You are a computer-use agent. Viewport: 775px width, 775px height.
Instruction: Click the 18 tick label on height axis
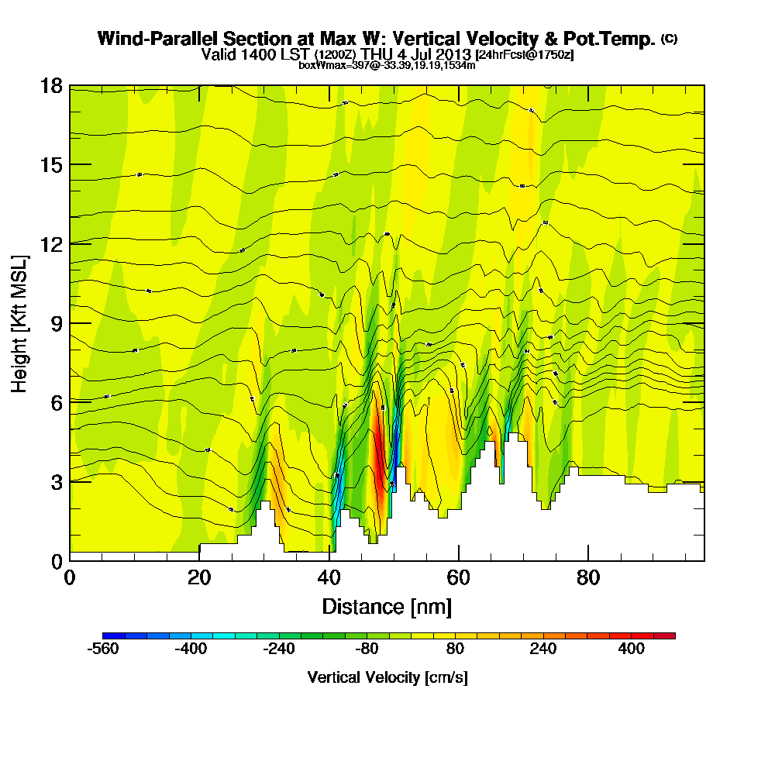50,85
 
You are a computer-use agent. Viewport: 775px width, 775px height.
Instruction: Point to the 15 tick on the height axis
50,164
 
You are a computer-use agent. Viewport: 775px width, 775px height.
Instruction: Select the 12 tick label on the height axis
50,243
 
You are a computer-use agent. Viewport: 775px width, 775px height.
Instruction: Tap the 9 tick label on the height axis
55,323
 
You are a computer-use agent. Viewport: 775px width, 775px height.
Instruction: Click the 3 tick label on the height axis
55,481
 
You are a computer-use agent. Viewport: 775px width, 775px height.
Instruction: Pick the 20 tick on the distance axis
199,577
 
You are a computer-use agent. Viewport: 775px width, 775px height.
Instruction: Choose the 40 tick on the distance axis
329,577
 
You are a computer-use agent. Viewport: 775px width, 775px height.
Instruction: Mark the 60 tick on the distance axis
459,577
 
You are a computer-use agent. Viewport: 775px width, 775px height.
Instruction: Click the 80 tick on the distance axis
589,577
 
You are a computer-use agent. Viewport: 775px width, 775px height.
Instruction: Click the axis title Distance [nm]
387,605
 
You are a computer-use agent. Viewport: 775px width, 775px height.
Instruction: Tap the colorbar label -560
104,649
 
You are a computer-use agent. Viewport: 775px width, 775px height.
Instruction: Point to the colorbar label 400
632,649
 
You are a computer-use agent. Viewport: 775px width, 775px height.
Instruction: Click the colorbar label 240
543,649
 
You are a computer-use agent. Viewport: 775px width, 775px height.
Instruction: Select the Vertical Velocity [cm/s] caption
387,677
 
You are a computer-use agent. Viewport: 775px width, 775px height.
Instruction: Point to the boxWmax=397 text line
387,65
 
